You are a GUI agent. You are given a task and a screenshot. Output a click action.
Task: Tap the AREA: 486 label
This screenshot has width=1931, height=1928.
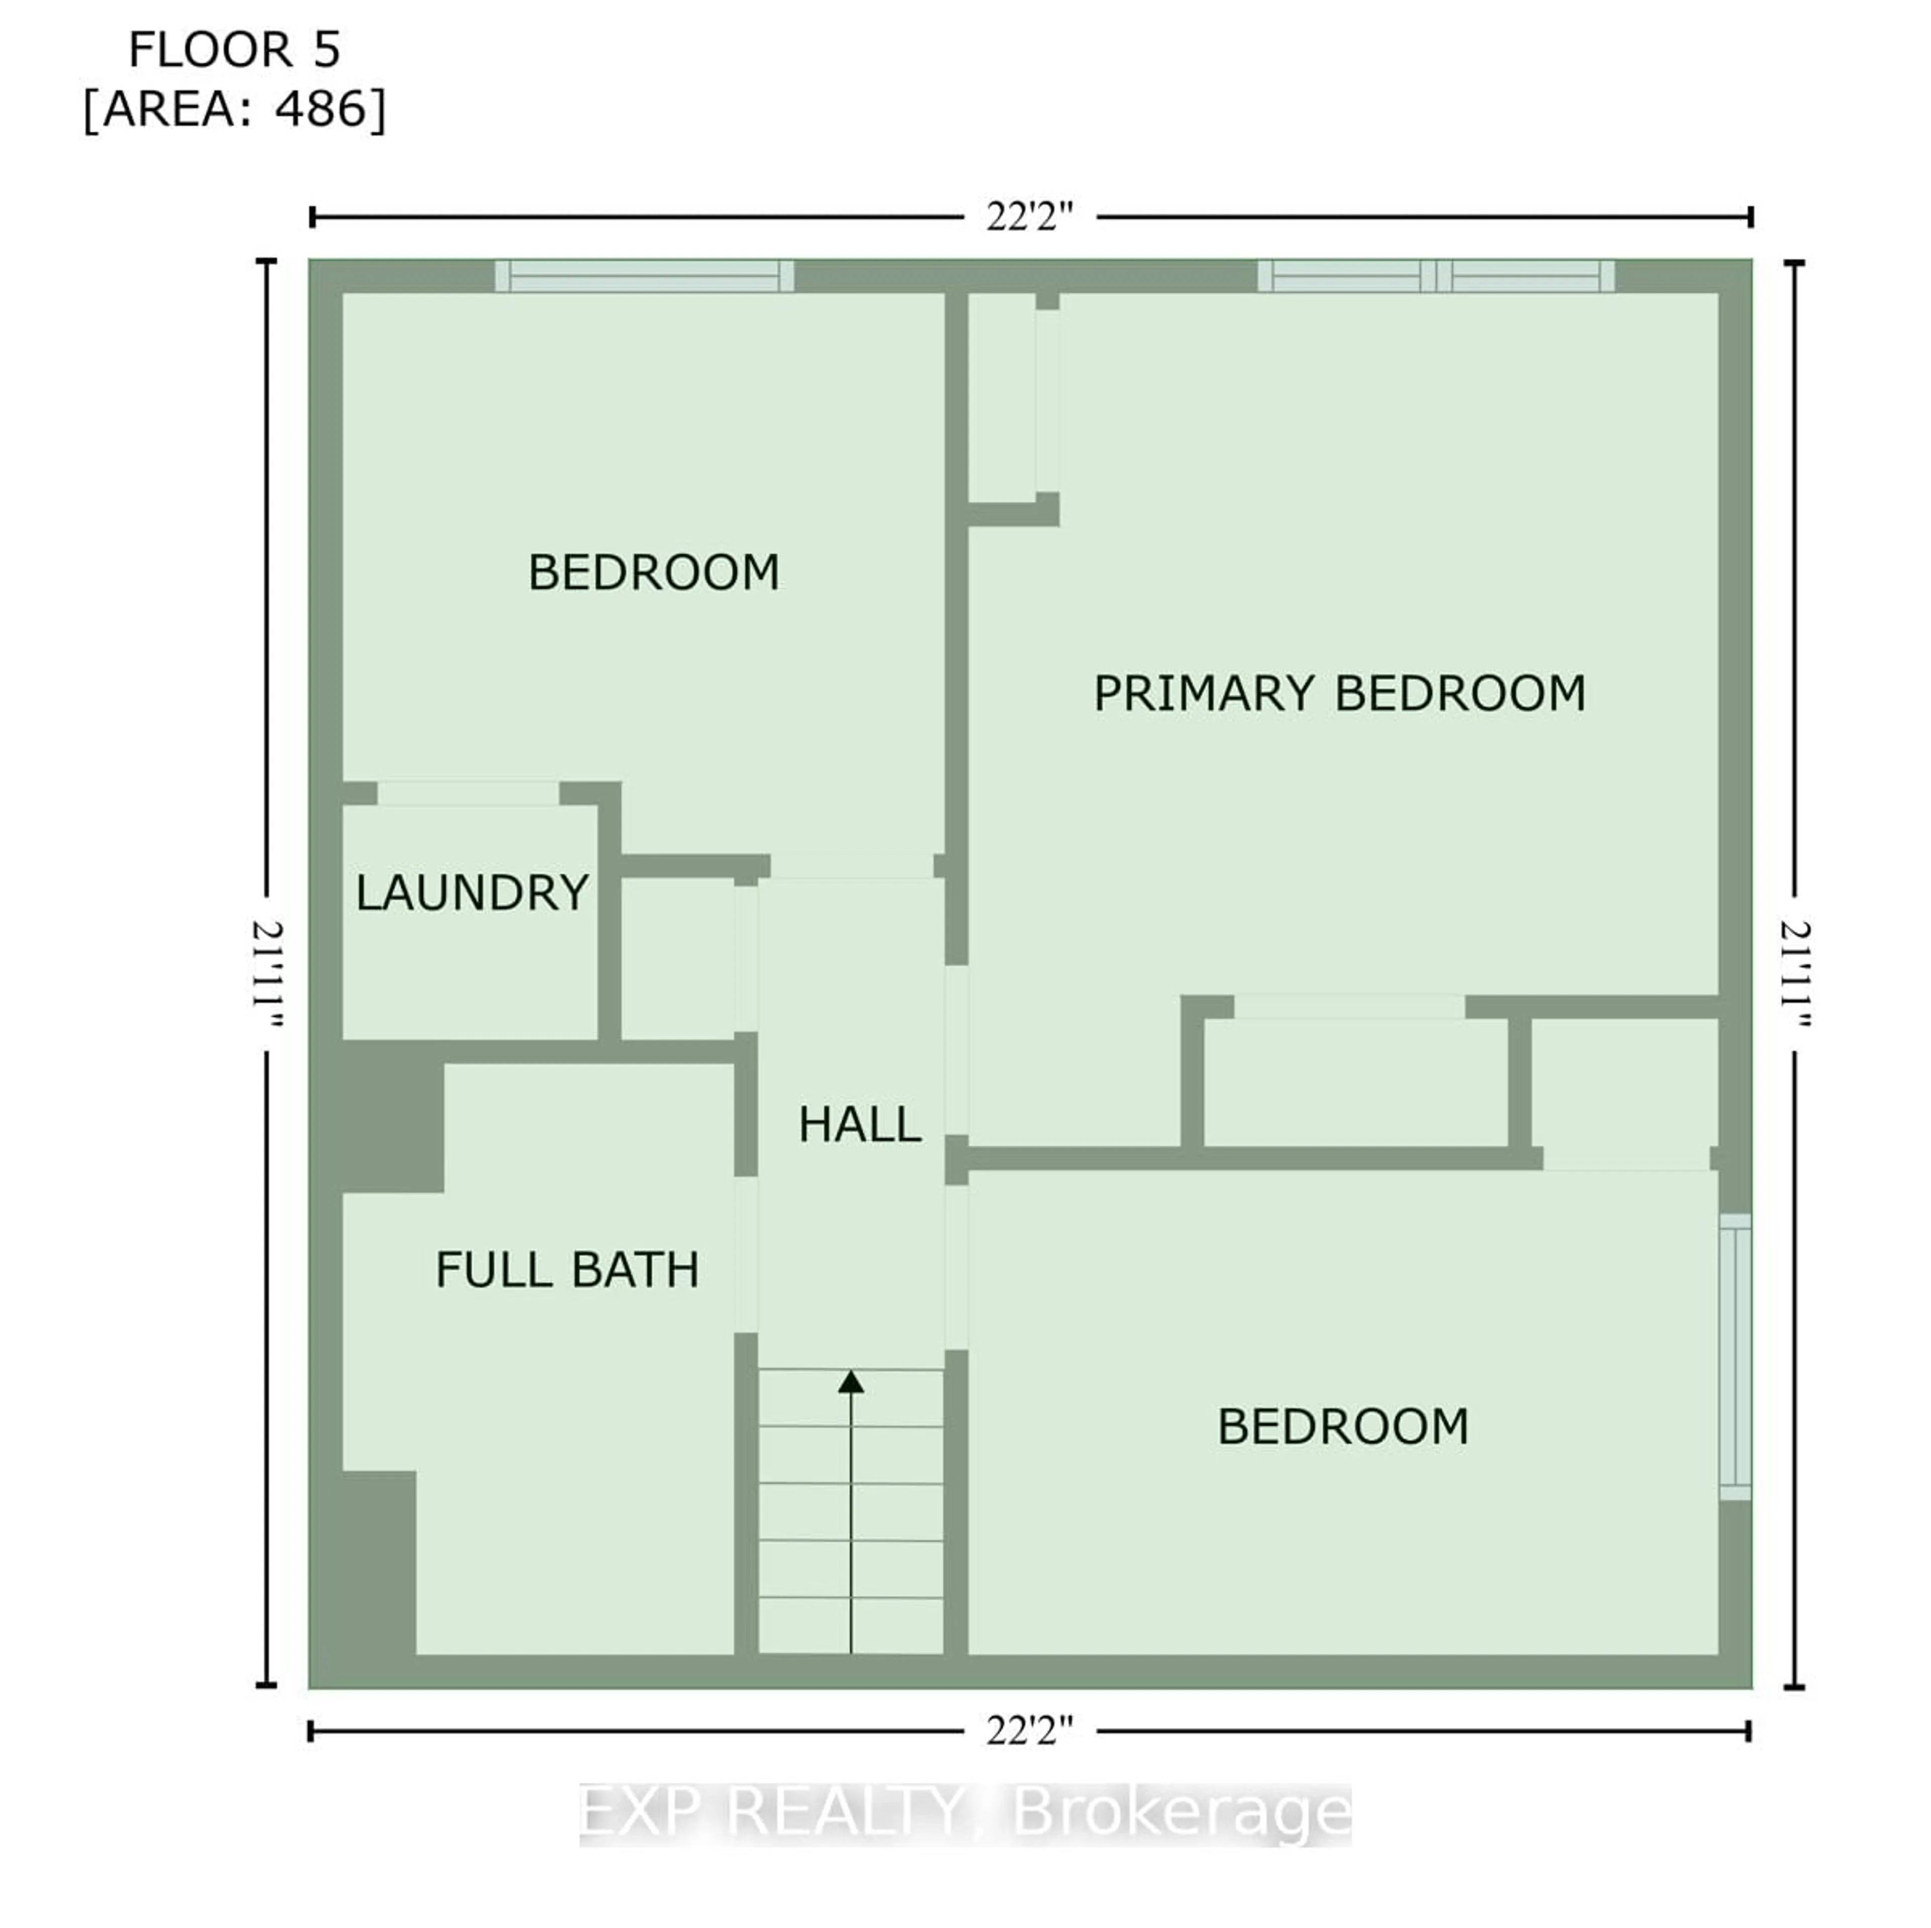pyautogui.click(x=235, y=108)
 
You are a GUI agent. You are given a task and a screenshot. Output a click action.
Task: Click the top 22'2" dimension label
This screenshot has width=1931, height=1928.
pyautogui.click(x=1029, y=217)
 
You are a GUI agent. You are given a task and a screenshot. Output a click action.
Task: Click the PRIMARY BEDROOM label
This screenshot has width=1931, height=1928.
pyautogui.click(x=1339, y=693)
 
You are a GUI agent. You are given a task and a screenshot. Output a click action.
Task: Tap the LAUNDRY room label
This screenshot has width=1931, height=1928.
pyautogui.click(x=472, y=893)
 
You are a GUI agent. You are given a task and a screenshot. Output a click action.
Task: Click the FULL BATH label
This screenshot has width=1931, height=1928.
pyautogui.click(x=567, y=1269)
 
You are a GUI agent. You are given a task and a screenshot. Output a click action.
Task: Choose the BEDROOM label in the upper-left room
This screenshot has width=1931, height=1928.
pyautogui.click(x=654, y=573)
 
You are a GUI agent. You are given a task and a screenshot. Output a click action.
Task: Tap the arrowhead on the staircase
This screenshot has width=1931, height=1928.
pyautogui.click(x=850, y=1382)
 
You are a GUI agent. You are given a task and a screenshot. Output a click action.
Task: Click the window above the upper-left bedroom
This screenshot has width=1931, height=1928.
pyautogui.click(x=645, y=276)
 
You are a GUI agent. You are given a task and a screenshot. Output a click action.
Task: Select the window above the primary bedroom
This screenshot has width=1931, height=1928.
pyautogui.click(x=1435, y=276)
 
